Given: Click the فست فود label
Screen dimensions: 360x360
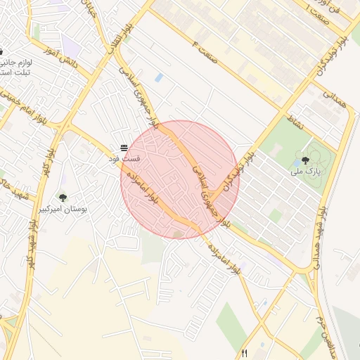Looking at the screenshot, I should tap(124, 160).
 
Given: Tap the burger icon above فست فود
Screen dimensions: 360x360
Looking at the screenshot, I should tap(124, 148).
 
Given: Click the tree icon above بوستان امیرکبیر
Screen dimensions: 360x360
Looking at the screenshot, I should tap(63, 198).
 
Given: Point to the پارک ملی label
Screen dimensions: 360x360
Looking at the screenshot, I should tap(307, 171).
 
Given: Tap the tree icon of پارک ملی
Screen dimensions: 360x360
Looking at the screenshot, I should tap(305, 160).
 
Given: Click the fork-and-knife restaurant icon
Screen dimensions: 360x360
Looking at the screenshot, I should tap(245, 354).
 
